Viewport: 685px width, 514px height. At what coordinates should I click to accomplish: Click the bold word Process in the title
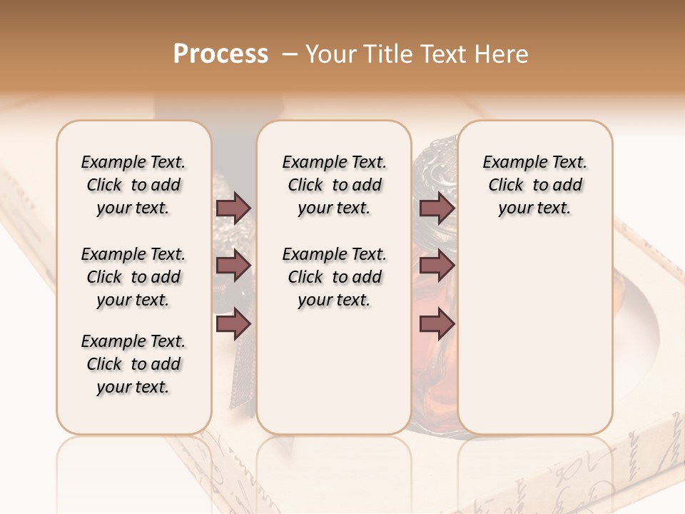pyautogui.click(x=220, y=54)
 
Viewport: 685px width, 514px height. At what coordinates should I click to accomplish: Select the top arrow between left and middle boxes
pyautogui.click(x=233, y=208)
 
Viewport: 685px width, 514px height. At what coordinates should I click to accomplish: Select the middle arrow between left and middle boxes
pyautogui.click(x=233, y=266)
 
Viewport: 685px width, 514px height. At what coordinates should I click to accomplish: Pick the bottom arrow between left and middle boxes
pyautogui.click(x=233, y=324)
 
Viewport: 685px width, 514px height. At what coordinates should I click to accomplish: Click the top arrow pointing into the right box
pyautogui.click(x=437, y=208)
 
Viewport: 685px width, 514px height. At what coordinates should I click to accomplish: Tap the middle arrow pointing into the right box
pyautogui.click(x=437, y=266)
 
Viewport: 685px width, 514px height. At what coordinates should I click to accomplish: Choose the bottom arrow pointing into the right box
pyautogui.click(x=437, y=324)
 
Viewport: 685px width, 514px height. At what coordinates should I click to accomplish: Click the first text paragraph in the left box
pyautogui.click(x=133, y=185)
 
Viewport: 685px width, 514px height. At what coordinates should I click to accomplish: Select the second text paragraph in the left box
pyautogui.click(x=133, y=277)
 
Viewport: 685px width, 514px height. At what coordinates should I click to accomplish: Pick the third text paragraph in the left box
pyautogui.click(x=133, y=364)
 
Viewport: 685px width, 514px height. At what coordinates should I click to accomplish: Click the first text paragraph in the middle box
pyautogui.click(x=335, y=185)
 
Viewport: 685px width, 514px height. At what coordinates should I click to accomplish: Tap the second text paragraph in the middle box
pyautogui.click(x=335, y=277)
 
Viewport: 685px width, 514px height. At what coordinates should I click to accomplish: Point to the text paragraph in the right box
pyautogui.click(x=535, y=185)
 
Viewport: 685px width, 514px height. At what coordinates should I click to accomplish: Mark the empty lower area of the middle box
pyautogui.click(x=335, y=371)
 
